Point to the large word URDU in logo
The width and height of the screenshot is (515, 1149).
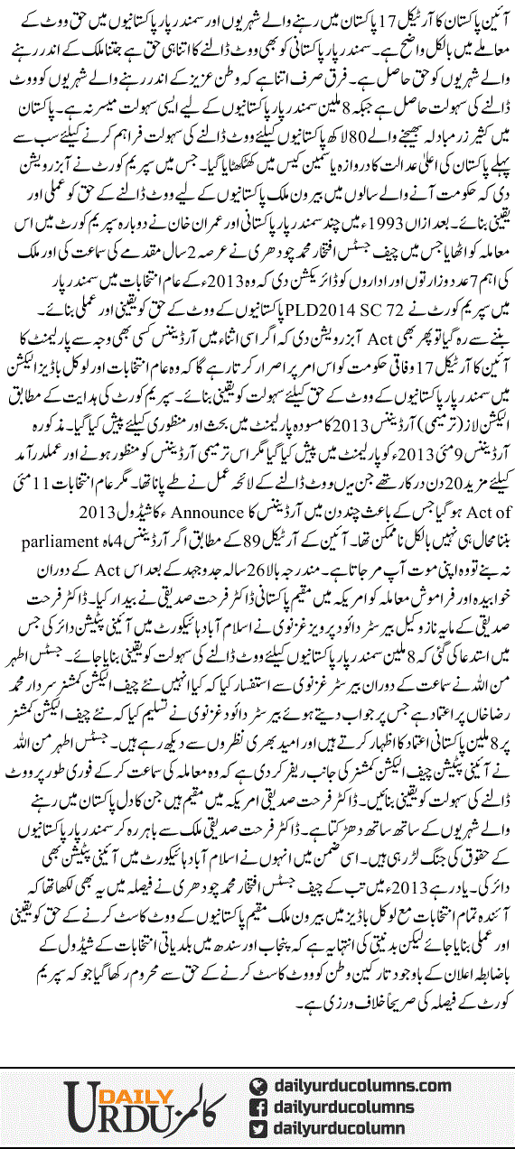[99, 1112]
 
